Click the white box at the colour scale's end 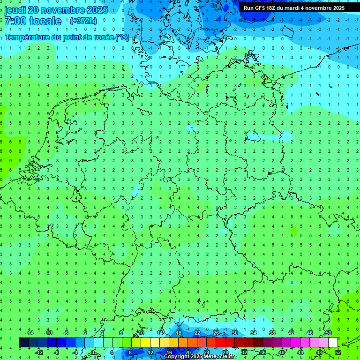click(x=333, y=343)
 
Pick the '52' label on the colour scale click(x=338, y=352)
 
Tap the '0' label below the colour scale click(x=93, y=352)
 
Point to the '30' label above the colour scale click(x=234, y=333)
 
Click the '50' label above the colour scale click(x=328, y=333)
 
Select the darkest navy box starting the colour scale click(x=23, y=343)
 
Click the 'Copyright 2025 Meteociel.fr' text click(x=199, y=357)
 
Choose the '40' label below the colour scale click(x=281, y=352)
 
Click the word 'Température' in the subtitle click(x=26, y=37)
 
